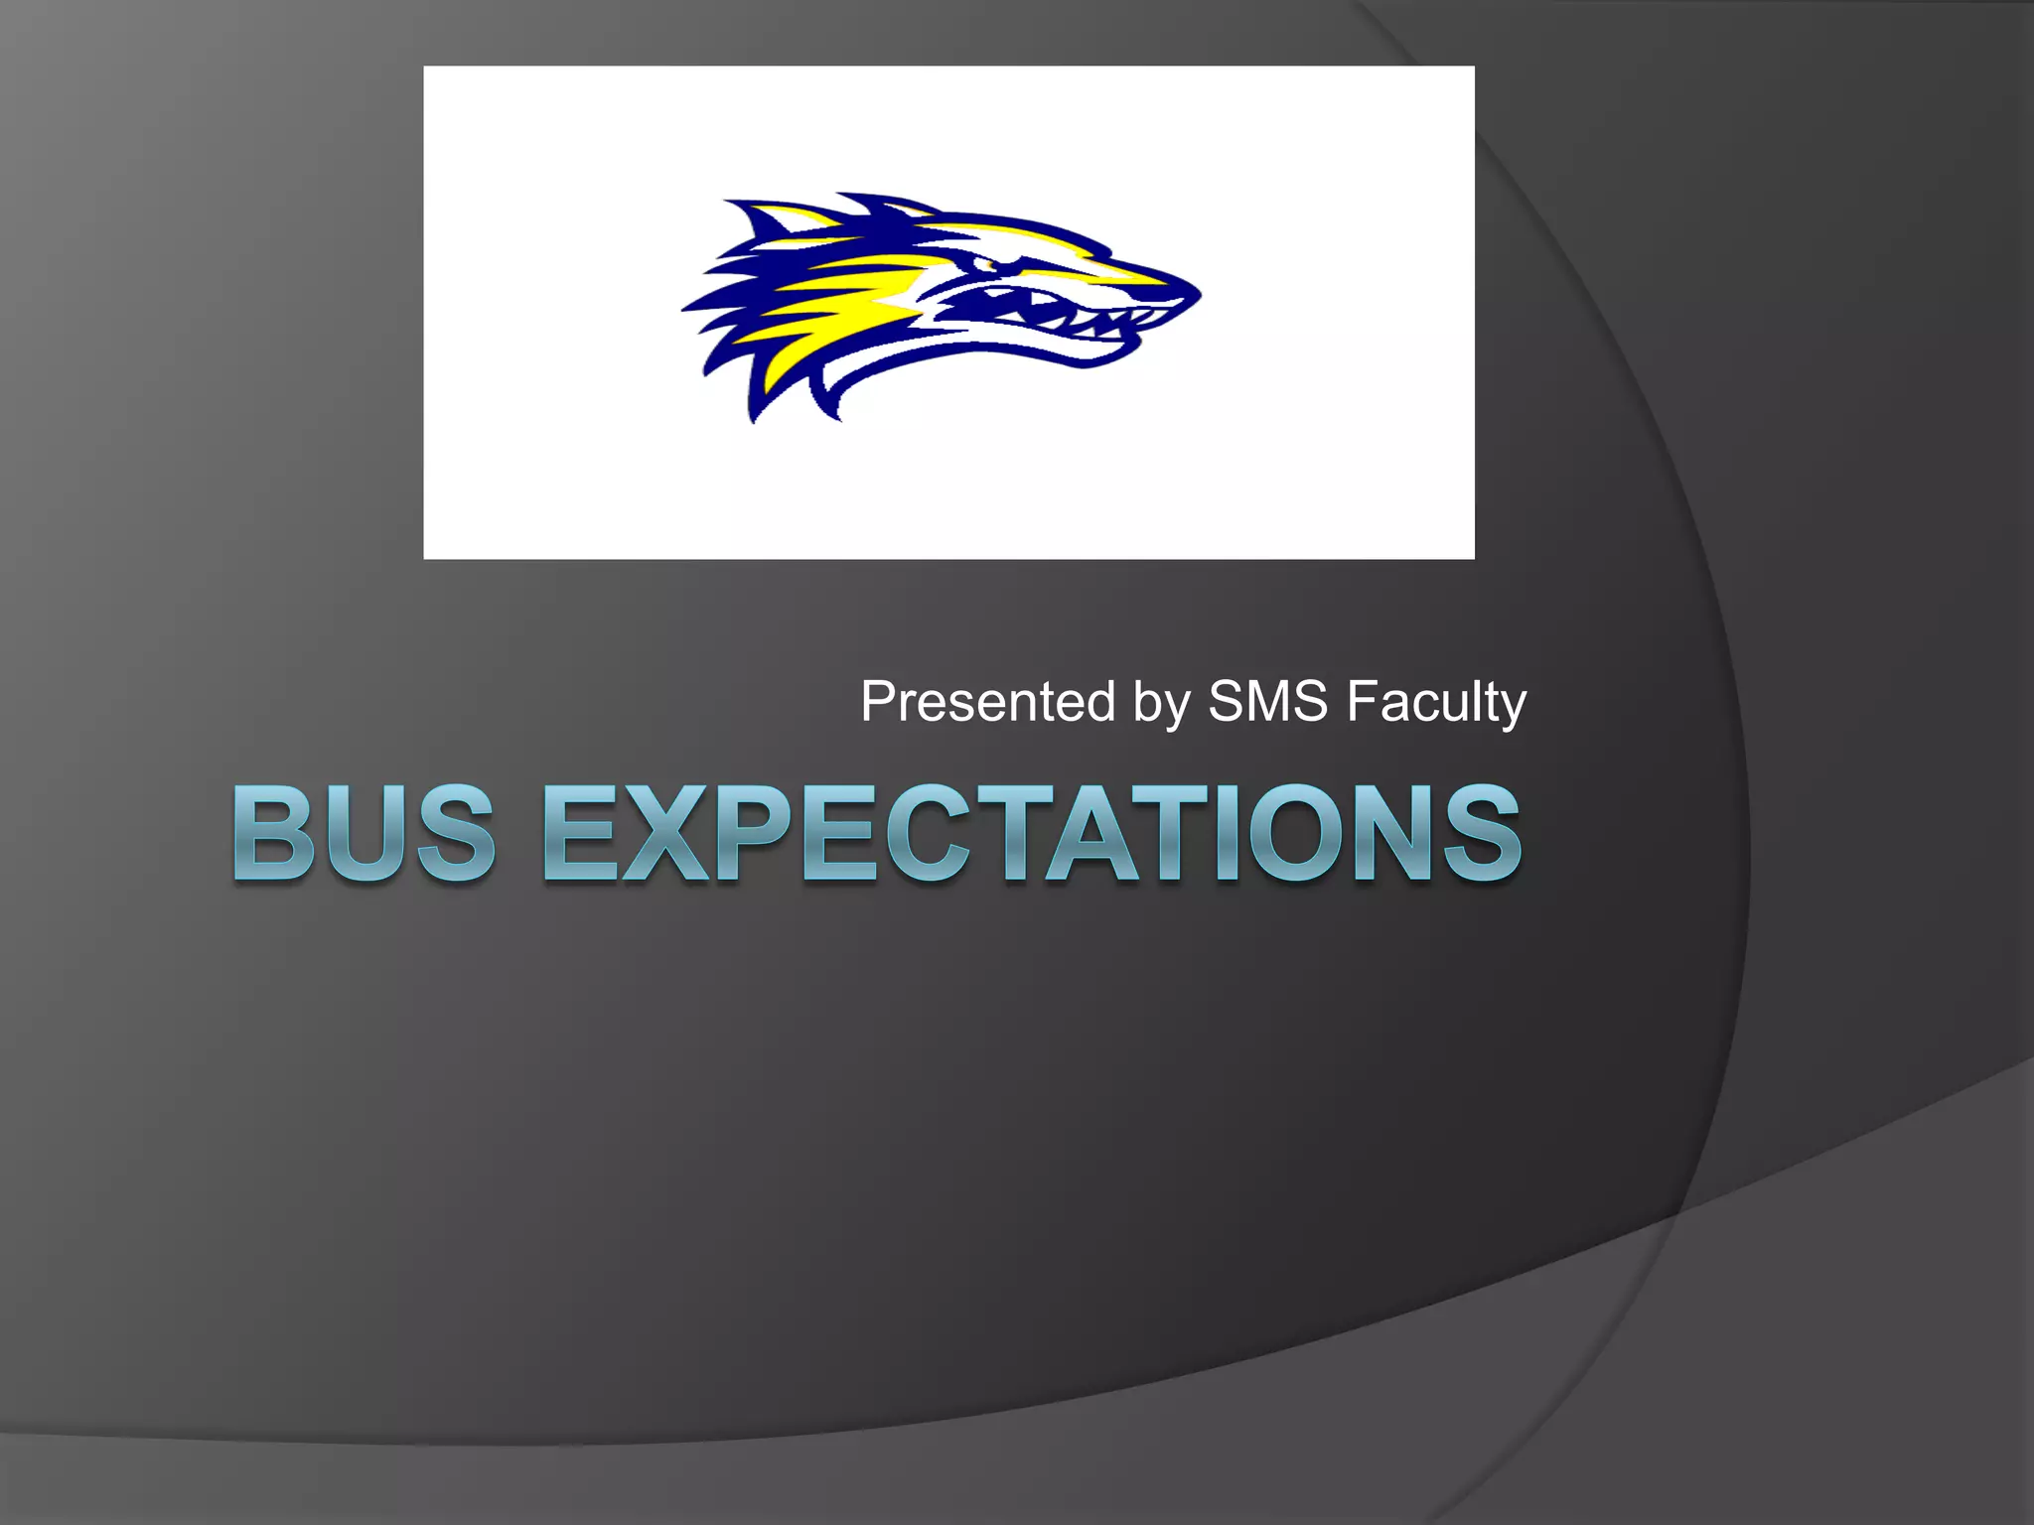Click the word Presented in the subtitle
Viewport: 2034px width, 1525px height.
(987, 701)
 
